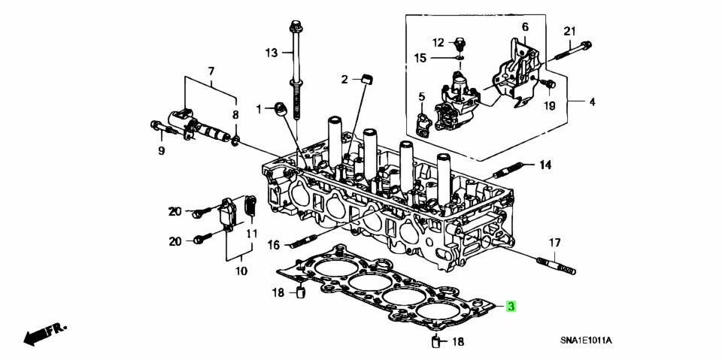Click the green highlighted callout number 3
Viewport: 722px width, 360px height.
pyautogui.click(x=511, y=307)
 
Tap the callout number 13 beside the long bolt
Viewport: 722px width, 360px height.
pyautogui.click(x=272, y=53)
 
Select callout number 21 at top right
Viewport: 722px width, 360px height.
pyautogui.click(x=570, y=32)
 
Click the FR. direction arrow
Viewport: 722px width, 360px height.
pyautogui.click(x=45, y=334)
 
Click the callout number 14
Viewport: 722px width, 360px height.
pyautogui.click(x=545, y=165)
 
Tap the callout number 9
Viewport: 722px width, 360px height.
pyautogui.click(x=161, y=150)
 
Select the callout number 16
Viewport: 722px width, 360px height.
pyautogui.click(x=274, y=245)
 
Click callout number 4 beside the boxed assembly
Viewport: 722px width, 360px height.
pyautogui.click(x=592, y=101)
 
